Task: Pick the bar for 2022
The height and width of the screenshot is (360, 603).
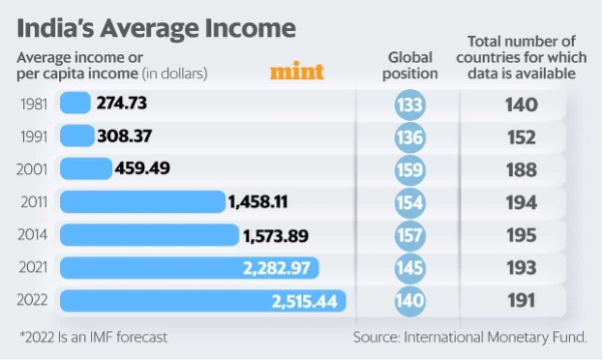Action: click(202, 301)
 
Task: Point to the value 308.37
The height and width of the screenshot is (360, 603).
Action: click(130, 136)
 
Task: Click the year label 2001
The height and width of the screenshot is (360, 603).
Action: click(35, 169)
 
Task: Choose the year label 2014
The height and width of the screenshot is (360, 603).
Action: click(35, 235)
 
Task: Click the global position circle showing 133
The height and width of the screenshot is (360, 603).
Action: click(409, 104)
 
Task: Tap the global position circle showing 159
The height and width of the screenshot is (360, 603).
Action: click(409, 169)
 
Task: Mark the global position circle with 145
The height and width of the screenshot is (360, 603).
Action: click(409, 268)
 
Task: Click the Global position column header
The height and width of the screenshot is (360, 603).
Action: click(408, 65)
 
